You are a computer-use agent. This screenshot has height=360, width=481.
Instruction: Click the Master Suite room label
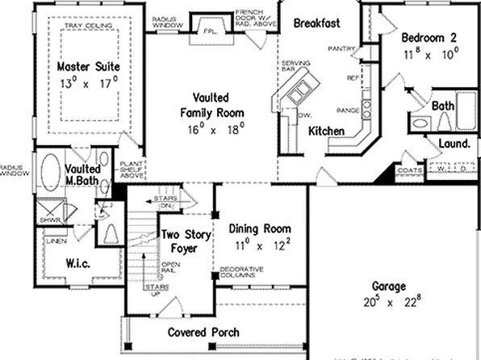(x=78, y=65)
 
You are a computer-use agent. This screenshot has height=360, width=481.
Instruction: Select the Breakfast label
(x=315, y=23)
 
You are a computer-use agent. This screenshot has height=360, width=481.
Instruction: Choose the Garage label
(x=389, y=287)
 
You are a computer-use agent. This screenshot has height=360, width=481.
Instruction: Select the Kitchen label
(x=328, y=131)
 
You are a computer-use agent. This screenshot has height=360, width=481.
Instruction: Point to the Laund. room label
(x=454, y=144)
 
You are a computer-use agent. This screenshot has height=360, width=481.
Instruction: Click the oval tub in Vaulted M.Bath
(x=50, y=171)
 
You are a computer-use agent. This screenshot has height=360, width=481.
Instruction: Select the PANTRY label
(x=341, y=49)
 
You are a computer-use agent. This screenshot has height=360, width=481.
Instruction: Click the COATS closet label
(x=410, y=170)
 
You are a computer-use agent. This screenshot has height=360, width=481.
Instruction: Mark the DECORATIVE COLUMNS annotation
(x=242, y=272)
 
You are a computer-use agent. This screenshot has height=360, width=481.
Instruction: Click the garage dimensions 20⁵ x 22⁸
(x=389, y=303)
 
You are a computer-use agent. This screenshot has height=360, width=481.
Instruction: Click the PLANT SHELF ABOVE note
(x=132, y=168)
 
